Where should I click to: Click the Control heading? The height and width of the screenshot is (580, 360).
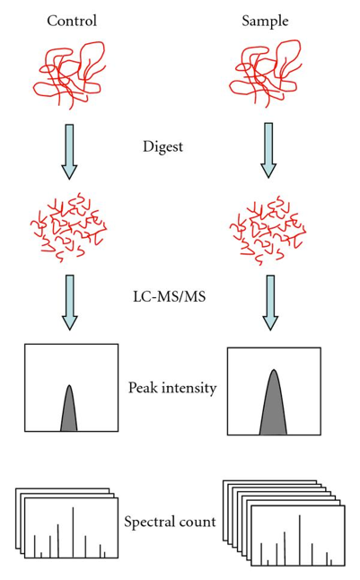[x=72, y=21]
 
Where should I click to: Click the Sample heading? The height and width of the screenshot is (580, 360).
[x=265, y=21]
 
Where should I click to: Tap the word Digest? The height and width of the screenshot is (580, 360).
[x=162, y=147]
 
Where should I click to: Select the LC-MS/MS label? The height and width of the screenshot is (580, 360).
[x=169, y=296]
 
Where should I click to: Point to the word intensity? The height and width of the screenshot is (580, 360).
[x=189, y=389]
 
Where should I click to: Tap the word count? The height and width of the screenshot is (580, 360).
[x=198, y=523]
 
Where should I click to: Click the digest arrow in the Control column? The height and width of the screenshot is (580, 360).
[x=69, y=152]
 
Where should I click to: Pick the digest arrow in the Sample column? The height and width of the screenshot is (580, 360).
[x=268, y=150]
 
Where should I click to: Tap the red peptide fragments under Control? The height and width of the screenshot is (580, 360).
[x=69, y=226]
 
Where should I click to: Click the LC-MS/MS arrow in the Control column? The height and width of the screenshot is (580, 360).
[x=69, y=303]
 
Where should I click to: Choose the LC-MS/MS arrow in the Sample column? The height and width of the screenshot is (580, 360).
[x=270, y=303]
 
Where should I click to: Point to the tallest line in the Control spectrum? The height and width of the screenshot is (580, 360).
[x=73, y=532]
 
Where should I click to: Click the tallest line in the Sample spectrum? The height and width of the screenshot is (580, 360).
[x=299, y=540]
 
